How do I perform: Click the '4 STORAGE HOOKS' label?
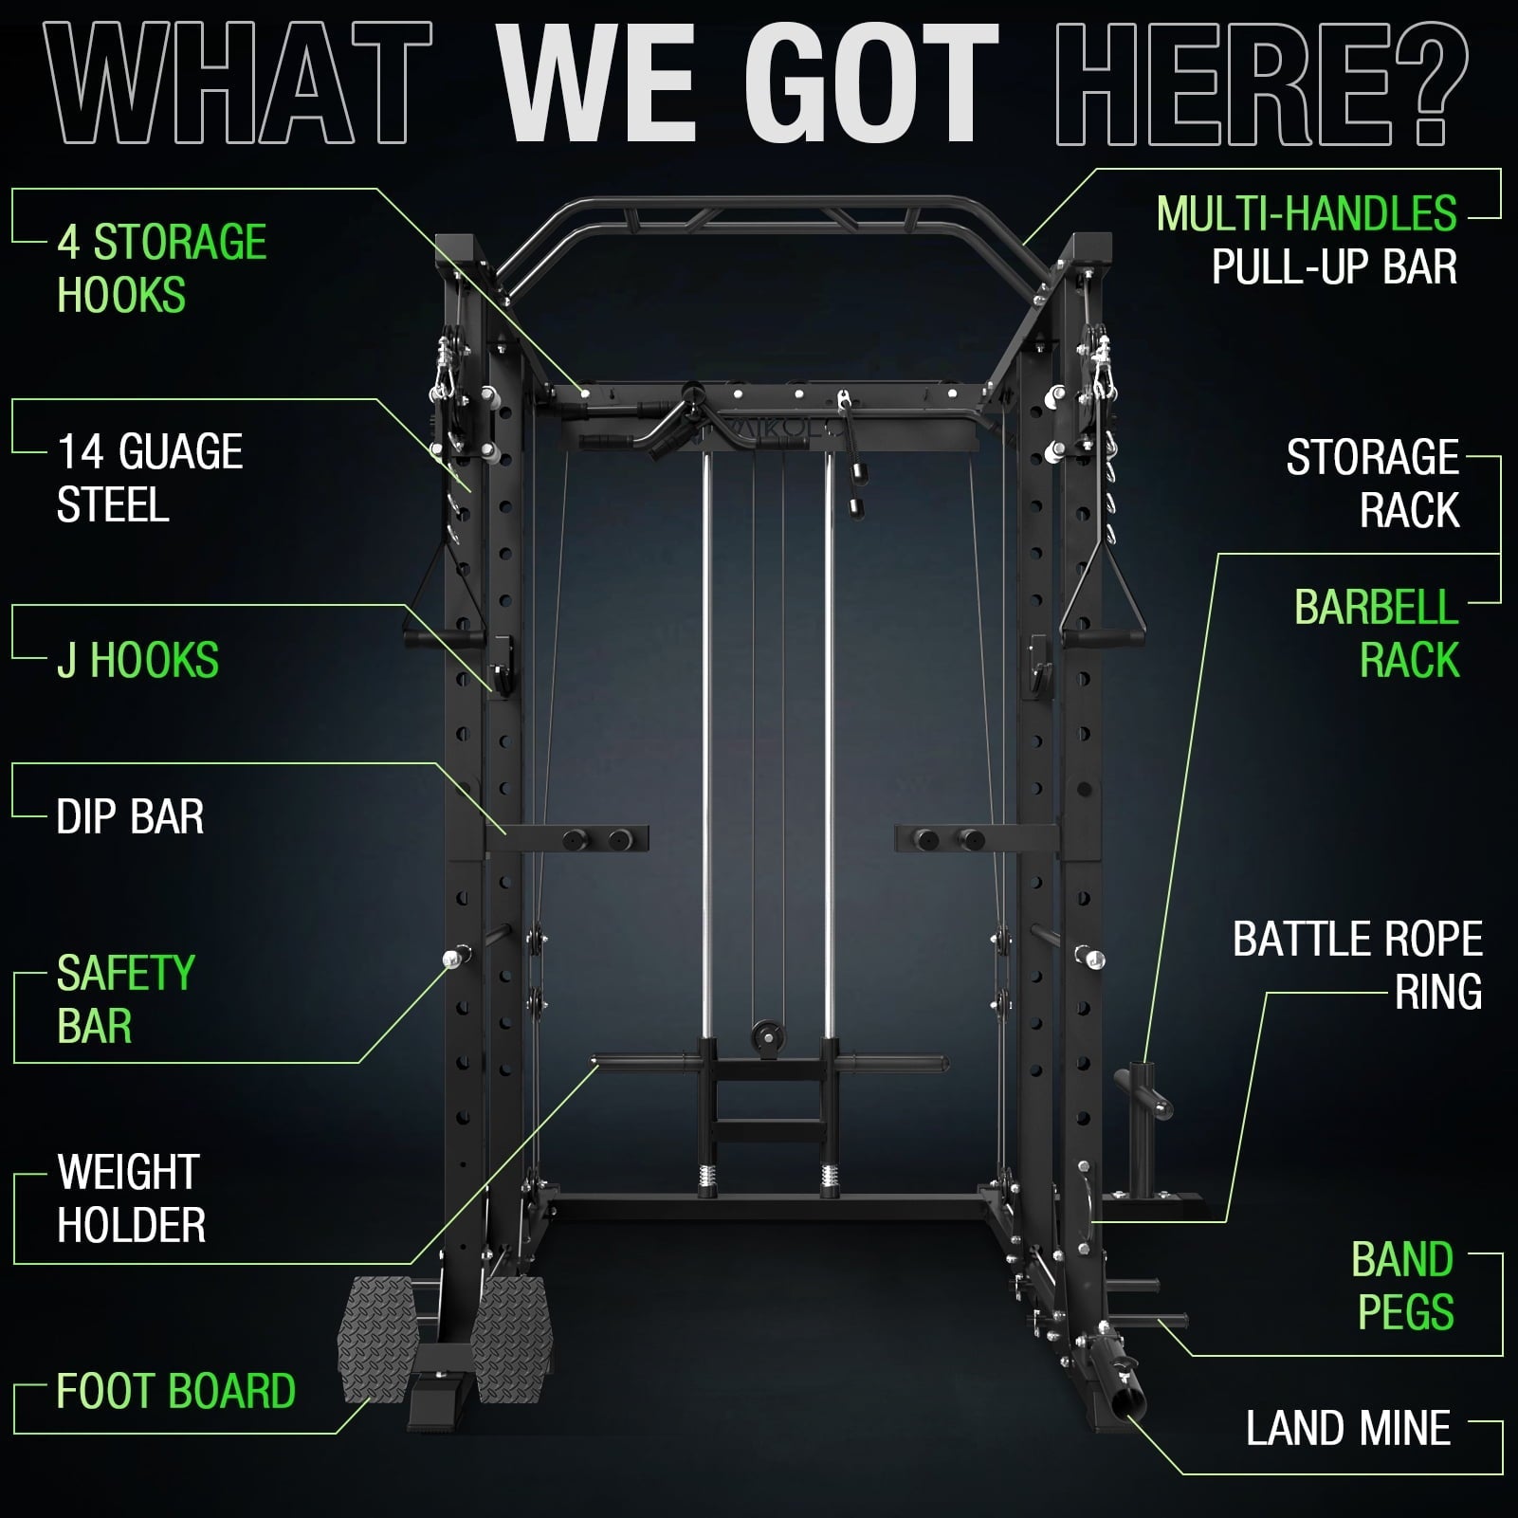point(161,268)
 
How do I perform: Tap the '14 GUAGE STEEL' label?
point(150,478)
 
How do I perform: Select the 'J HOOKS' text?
point(137,660)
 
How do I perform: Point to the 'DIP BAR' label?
point(130,816)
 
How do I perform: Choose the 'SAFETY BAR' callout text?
point(125,999)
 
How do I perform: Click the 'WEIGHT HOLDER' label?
point(131,1198)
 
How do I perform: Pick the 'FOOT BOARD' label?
point(175,1391)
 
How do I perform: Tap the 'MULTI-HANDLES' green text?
point(1306,214)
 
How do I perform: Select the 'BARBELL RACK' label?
point(1376,633)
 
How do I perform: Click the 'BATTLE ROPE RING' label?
point(1357,965)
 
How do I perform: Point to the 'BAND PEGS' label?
point(1402,1286)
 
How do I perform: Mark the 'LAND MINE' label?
point(1347,1428)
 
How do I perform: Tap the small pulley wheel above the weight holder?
point(764,1036)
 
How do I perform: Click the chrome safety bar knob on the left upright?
point(450,959)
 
